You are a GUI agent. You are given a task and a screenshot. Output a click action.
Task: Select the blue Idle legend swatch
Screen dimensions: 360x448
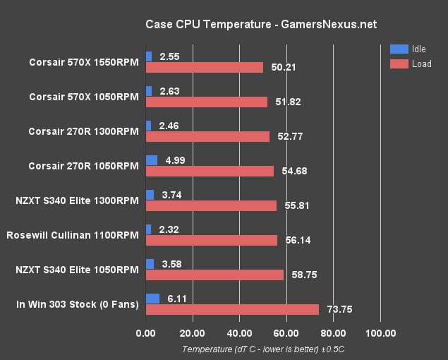399,49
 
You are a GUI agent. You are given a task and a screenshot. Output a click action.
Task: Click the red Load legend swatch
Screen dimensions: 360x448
399,64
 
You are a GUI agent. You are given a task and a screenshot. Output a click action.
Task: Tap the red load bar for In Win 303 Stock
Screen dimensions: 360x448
232,309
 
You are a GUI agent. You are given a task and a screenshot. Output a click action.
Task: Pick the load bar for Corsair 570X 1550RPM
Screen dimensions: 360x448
204,67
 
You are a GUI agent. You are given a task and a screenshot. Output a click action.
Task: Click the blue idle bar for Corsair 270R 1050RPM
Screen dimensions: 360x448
151,160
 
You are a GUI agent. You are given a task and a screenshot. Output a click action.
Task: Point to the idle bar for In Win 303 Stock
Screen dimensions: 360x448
152,299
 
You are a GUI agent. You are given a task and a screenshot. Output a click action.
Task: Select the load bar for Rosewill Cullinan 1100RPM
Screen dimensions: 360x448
211,240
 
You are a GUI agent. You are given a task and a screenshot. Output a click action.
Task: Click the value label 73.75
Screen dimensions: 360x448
340,309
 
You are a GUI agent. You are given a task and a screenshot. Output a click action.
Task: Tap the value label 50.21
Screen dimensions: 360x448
284,67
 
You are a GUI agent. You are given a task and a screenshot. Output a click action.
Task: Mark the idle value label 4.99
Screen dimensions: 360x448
176,160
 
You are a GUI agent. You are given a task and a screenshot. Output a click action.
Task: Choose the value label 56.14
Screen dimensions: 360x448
298,240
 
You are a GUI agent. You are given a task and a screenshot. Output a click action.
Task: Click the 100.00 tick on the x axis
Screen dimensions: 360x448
380,333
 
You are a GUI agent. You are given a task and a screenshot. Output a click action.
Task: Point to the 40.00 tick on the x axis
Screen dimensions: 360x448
239,333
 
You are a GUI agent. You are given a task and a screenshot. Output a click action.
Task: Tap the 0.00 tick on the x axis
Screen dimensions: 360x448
145,333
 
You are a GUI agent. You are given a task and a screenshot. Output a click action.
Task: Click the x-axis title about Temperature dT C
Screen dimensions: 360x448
262,349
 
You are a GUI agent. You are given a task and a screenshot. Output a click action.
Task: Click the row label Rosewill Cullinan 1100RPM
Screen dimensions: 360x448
71,235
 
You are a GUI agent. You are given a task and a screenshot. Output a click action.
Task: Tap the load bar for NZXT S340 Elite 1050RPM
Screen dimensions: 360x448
214,275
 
